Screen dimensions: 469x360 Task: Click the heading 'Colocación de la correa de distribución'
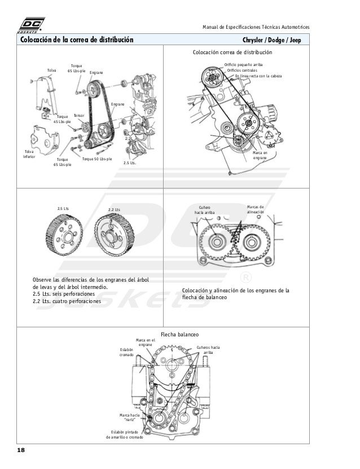77,41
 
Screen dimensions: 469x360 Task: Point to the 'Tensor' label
78,115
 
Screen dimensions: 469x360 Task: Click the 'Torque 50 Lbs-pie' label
97,160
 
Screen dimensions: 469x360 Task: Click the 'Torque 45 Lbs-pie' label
63,119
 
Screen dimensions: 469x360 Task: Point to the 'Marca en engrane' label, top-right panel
260,155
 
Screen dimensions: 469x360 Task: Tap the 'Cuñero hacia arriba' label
204,209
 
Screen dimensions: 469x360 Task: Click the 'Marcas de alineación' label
255,209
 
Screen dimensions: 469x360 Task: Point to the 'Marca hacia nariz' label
129,417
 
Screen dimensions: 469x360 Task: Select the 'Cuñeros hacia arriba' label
208,349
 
